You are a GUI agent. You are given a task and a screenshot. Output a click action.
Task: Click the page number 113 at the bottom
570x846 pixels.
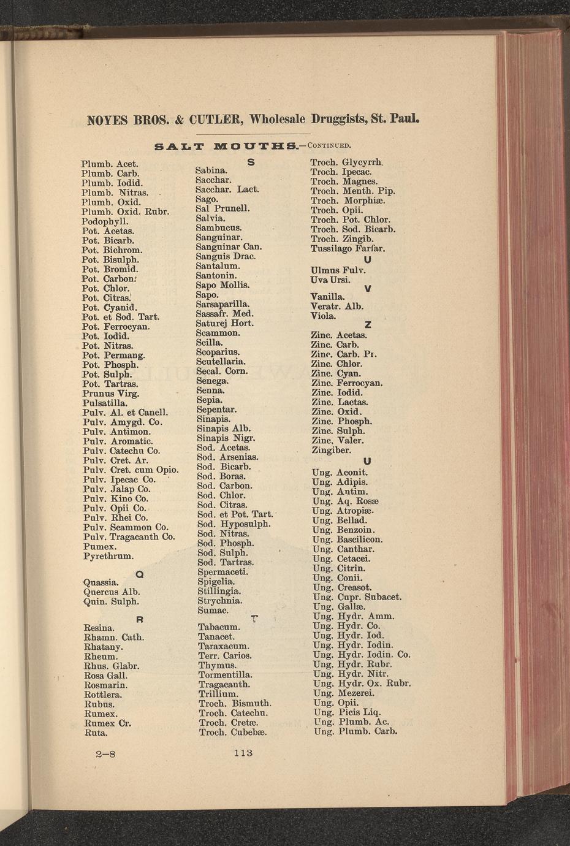243,753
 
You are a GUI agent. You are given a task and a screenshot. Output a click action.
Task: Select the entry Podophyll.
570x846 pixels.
105,221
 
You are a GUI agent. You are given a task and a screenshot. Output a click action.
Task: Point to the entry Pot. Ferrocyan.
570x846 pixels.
116,326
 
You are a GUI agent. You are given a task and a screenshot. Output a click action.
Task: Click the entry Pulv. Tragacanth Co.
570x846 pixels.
129,536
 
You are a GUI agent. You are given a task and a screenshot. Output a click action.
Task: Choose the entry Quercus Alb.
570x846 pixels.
112,592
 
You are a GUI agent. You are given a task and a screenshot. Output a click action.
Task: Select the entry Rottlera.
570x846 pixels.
102,695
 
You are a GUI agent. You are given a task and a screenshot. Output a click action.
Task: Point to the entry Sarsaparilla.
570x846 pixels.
222,304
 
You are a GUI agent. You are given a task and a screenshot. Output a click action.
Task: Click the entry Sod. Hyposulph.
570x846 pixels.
234,524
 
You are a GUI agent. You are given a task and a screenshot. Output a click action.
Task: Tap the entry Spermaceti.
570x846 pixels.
222,571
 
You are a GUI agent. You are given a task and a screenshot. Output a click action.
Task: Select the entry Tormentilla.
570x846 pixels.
226,675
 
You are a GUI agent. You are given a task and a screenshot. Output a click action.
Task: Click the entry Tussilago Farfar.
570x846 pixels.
348,248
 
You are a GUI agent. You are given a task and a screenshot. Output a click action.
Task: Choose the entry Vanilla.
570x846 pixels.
327,297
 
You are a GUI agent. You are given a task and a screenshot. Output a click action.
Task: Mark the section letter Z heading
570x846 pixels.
368,325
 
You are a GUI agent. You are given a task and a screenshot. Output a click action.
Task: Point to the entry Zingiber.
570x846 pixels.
331,450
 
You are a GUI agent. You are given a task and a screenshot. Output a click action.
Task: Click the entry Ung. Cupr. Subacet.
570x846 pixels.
357,596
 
